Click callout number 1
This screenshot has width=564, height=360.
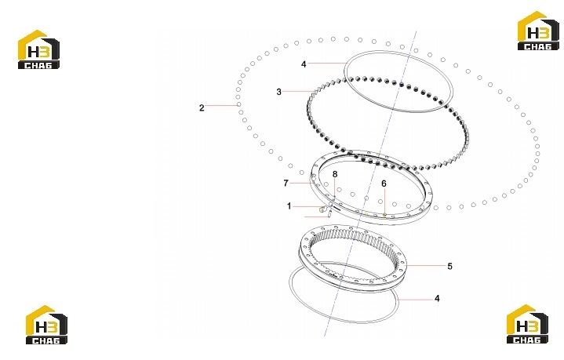tap(289, 206)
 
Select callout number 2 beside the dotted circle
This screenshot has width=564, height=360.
tap(202, 107)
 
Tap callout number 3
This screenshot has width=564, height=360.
tap(278, 92)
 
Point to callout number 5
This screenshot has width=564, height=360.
tap(449, 266)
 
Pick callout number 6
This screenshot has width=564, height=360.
tap(384, 184)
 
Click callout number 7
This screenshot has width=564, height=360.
tap(286, 183)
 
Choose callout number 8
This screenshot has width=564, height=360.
tap(335, 174)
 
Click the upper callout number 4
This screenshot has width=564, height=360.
tap(304, 64)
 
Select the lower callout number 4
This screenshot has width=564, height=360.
tap(437, 299)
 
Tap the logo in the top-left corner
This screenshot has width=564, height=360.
tap(39, 49)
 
